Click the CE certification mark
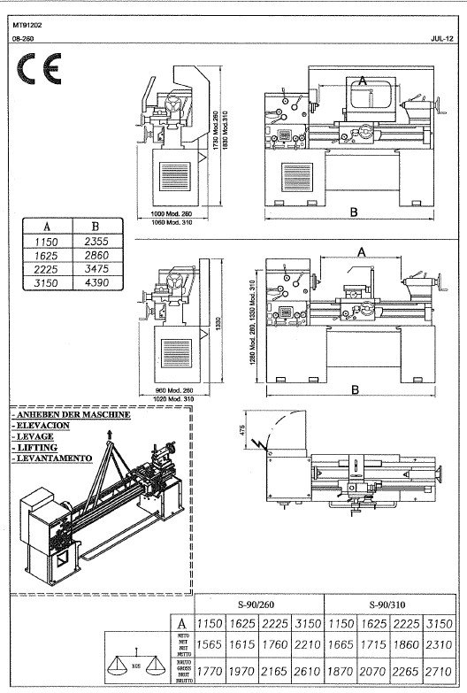pos(40,69)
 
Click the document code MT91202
pos(27,26)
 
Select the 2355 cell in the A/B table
pos(95,242)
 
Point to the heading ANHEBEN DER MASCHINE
pos(72,414)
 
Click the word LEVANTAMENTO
pos(52,458)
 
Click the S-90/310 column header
pos(389,604)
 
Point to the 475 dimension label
pos(240,431)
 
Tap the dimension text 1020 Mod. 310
pos(168,399)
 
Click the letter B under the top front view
pos(353,212)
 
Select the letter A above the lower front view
pos(360,251)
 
